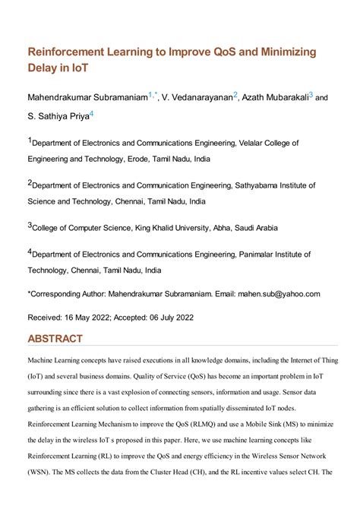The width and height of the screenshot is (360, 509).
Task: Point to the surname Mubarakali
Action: (286, 98)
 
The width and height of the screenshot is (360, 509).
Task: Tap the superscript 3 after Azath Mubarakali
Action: (311, 95)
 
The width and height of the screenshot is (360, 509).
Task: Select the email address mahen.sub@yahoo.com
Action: (280, 293)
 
